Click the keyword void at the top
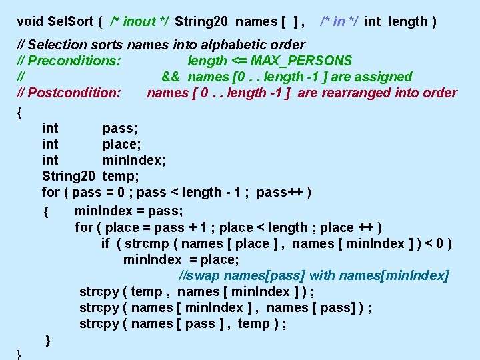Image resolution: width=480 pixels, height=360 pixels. [x=30, y=21]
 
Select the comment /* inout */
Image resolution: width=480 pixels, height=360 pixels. [x=139, y=21]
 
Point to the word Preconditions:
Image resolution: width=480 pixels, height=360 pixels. [x=74, y=61]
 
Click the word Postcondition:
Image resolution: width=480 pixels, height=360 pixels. [x=74, y=93]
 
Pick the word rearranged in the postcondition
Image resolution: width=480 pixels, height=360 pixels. [x=355, y=93]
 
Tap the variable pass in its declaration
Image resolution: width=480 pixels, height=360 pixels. [x=120, y=128]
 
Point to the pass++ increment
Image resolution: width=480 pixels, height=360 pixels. [x=280, y=192]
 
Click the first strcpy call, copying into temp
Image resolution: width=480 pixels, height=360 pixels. [x=99, y=291]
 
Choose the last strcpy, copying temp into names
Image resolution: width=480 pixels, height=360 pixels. [x=99, y=323]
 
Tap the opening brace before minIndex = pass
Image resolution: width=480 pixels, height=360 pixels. [x=45, y=212]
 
